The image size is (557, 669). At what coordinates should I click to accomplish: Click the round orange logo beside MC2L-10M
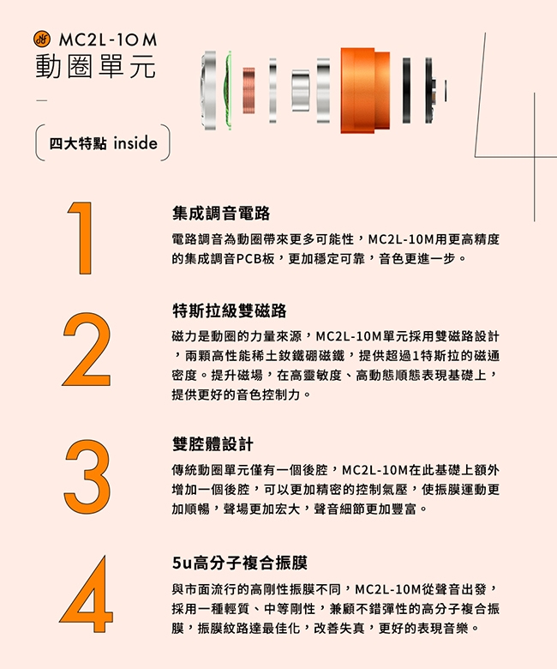(42, 39)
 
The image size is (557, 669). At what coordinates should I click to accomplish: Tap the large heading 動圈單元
(96, 67)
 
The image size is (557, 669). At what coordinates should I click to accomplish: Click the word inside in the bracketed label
(135, 143)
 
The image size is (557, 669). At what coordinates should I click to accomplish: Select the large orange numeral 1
(81, 238)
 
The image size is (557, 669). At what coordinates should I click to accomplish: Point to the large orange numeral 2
(87, 349)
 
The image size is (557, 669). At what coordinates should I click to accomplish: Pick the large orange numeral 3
(87, 477)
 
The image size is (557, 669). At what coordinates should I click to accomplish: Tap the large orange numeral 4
(87, 594)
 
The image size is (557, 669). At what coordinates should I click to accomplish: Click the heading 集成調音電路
(221, 213)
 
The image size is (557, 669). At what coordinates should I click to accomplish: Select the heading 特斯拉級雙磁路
(230, 310)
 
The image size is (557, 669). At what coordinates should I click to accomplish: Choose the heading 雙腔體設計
(213, 444)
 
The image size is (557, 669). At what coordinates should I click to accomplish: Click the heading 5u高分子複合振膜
(240, 563)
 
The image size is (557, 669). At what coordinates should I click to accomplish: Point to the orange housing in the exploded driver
(365, 90)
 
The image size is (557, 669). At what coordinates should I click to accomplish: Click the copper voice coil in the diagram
(249, 90)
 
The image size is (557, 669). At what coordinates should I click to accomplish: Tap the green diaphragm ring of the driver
(228, 90)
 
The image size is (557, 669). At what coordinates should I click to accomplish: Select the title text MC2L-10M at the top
(108, 40)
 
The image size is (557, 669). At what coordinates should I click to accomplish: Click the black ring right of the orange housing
(407, 90)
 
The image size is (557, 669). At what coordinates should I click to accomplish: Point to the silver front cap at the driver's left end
(209, 90)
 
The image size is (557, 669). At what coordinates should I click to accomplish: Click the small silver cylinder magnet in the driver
(301, 90)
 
